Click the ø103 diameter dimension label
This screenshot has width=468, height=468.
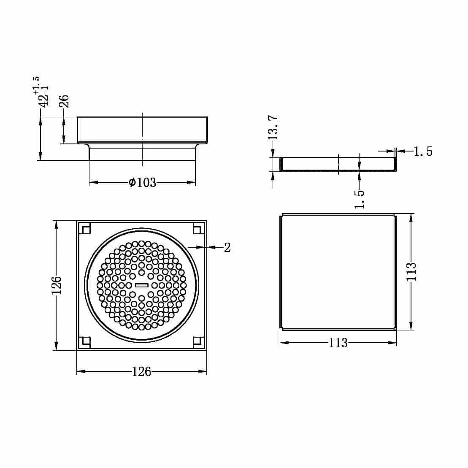[142, 183]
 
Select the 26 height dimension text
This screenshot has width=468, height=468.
[64, 102]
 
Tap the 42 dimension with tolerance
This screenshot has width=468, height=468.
[43, 97]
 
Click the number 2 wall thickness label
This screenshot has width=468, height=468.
[227, 248]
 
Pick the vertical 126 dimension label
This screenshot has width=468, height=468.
[57, 285]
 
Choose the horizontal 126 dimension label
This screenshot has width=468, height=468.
[141, 371]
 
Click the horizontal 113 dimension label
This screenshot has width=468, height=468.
[338, 343]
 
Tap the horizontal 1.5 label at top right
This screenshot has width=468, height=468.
[423, 151]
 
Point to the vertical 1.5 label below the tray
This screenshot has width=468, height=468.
[359, 199]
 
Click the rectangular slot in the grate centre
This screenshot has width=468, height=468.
[141, 285]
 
